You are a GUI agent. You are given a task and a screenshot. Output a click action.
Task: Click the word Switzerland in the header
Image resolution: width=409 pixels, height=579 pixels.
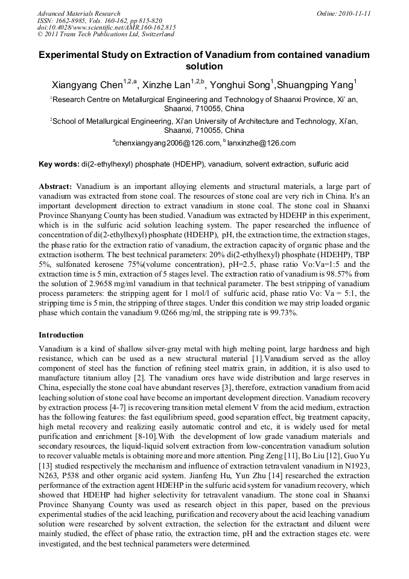coord(154,35)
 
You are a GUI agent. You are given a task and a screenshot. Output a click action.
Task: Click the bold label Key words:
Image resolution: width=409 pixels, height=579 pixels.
coord(59,164)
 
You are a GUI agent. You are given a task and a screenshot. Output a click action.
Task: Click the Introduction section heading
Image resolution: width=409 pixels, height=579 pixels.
coord(61,334)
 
